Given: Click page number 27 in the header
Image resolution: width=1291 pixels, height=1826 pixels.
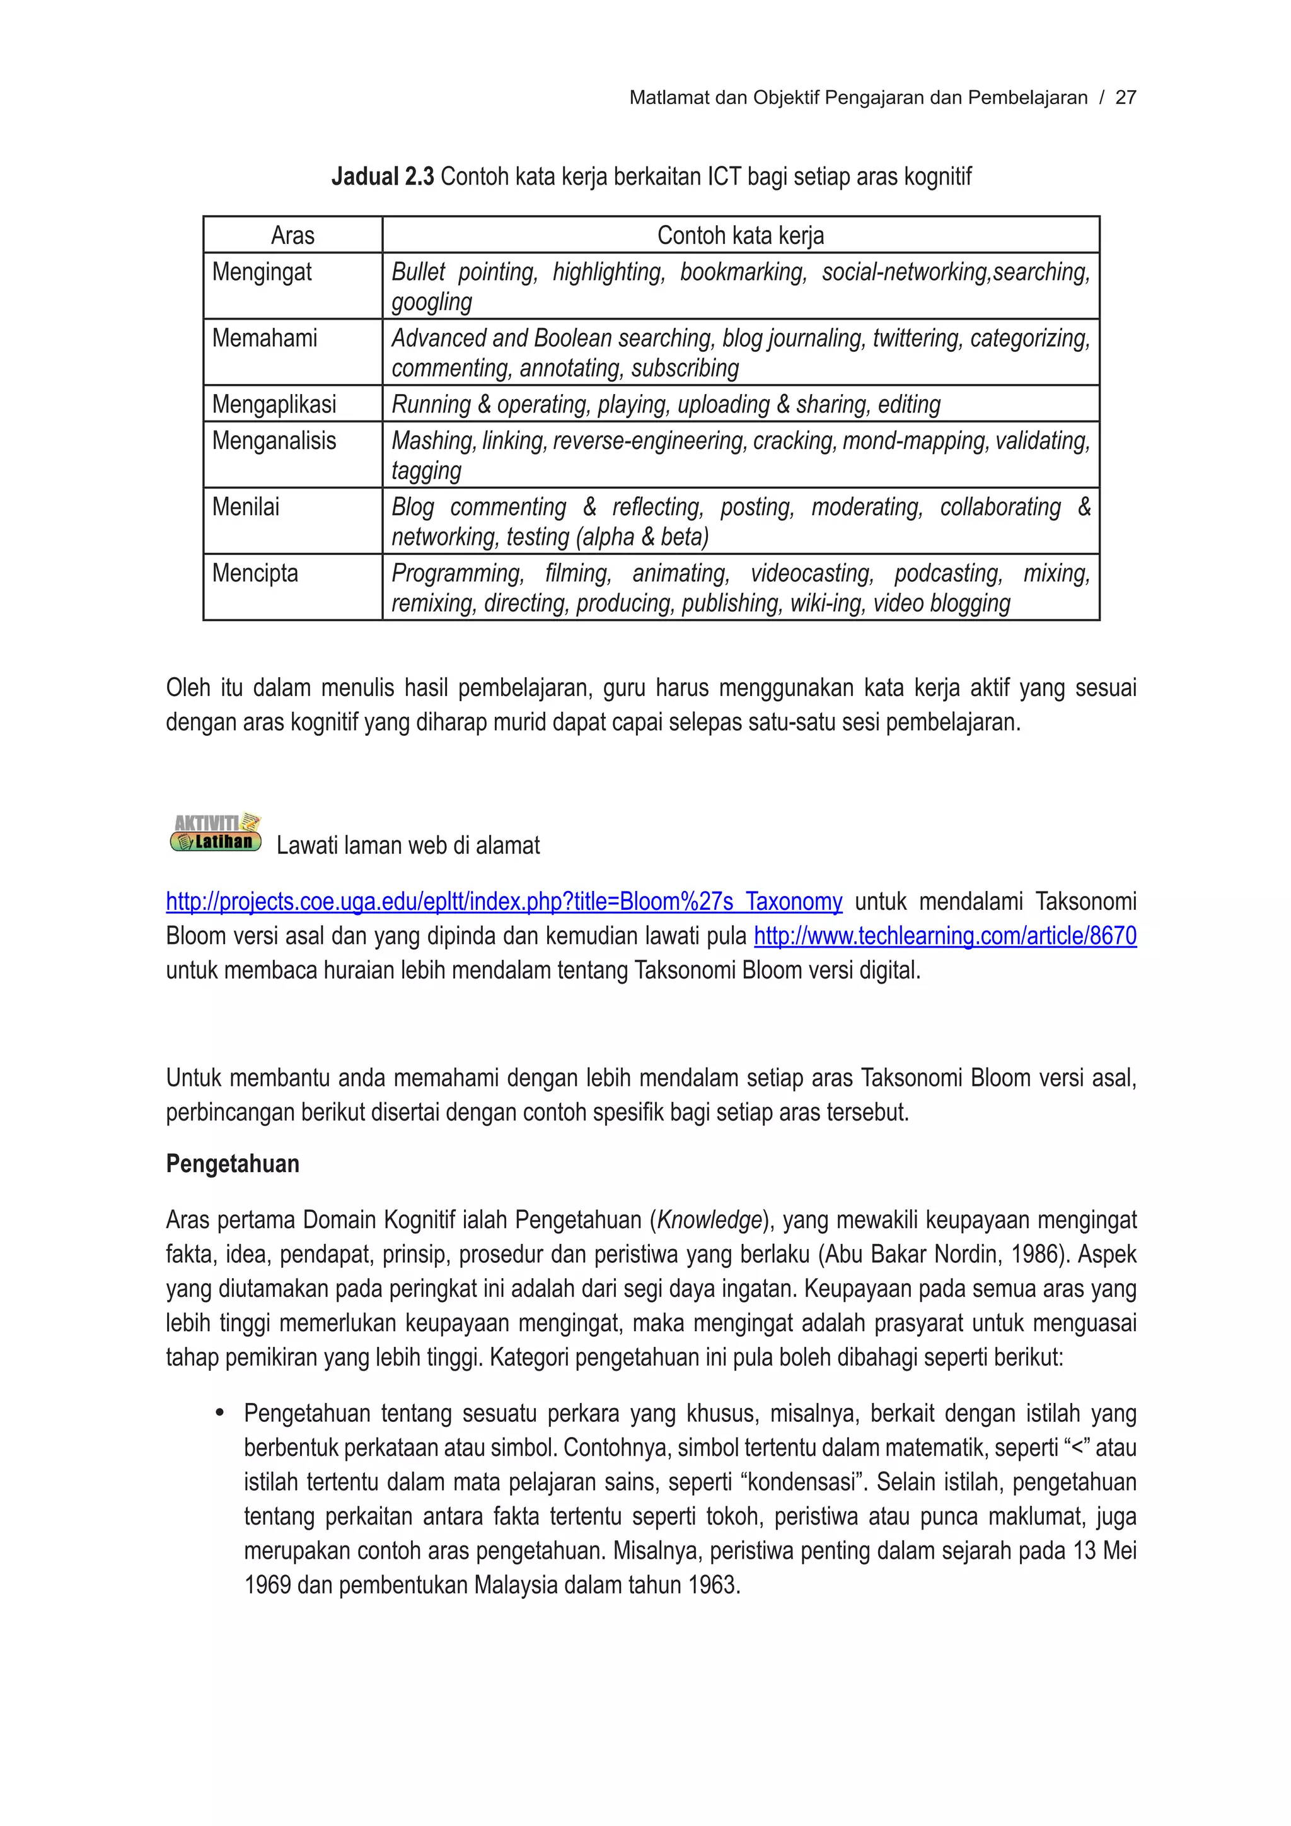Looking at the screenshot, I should point(1126,98).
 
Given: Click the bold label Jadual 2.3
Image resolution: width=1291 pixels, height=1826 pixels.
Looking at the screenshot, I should point(383,176).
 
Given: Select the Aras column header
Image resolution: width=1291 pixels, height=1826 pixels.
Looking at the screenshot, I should point(292,235).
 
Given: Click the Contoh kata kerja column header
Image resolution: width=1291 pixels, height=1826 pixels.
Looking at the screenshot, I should point(740,235).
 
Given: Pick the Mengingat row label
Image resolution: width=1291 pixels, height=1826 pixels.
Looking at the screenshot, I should point(262,272).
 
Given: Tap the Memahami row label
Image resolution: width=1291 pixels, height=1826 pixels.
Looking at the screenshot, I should point(264,338).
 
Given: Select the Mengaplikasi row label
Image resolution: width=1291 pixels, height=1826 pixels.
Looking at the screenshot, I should point(274,404).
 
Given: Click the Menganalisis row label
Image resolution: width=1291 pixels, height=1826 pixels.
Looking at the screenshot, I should point(274,441).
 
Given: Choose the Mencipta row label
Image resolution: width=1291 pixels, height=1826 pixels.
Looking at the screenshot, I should point(255,573).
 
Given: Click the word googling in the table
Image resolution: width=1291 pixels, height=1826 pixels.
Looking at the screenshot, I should point(432,302).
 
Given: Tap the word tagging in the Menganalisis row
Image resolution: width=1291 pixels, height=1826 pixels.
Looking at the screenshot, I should point(426,471).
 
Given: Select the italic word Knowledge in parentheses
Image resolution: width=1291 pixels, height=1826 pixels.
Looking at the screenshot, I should point(709,1220).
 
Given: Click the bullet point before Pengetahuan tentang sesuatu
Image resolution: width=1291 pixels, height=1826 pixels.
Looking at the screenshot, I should point(220,1413).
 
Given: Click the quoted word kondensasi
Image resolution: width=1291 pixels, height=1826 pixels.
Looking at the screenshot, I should point(803,1482).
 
